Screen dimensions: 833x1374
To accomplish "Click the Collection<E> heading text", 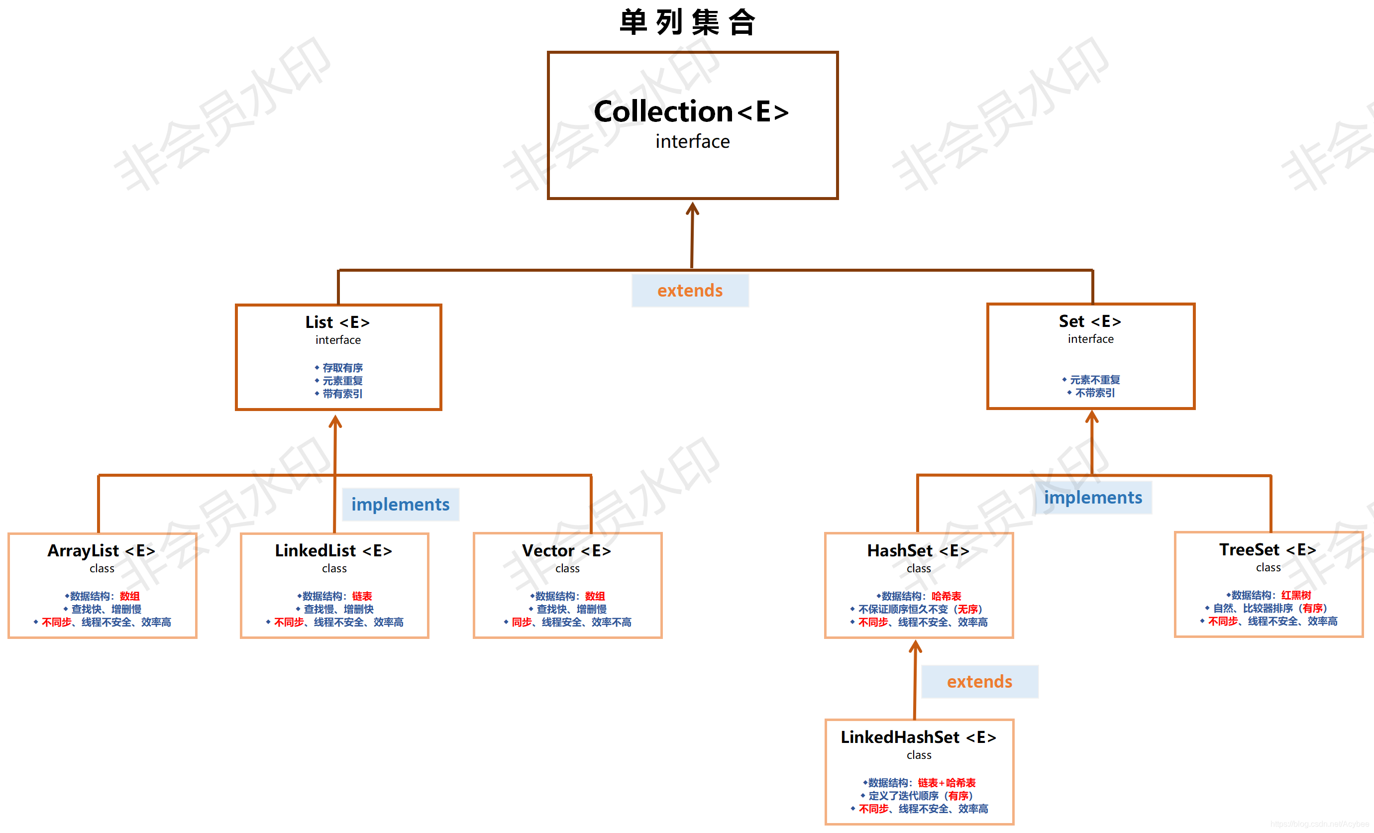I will [x=691, y=111].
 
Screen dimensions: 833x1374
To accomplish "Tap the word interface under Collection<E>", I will [x=692, y=142].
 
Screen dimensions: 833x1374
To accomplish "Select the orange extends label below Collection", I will [x=690, y=291].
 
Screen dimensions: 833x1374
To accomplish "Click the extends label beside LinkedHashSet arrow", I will [x=979, y=681].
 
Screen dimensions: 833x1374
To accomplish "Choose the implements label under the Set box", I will [x=1092, y=497].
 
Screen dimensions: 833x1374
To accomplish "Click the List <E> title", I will [x=337, y=322].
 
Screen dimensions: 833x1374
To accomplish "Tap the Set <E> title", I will [x=1090, y=321].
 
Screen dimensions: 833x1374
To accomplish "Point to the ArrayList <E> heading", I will [x=102, y=551].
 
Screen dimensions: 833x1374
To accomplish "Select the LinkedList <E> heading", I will [x=333, y=551].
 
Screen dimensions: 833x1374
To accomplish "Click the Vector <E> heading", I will [x=566, y=551].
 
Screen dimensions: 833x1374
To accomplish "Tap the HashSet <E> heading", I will [x=918, y=551].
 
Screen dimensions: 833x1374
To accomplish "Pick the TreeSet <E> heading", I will [x=1268, y=550].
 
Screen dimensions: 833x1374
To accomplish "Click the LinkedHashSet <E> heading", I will [x=918, y=737].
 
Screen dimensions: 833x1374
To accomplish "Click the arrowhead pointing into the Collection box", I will [x=693, y=208].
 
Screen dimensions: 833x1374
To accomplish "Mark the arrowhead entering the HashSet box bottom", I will [x=916, y=646].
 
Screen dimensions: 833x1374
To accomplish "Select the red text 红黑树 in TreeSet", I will [x=1296, y=595].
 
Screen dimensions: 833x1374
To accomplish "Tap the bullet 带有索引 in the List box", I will [x=342, y=394].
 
